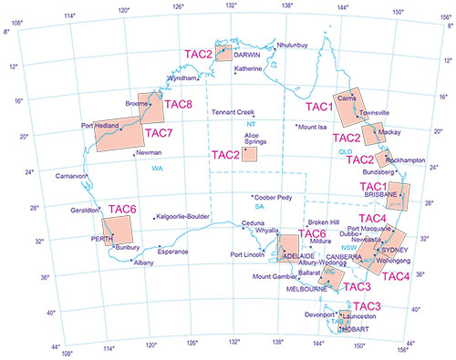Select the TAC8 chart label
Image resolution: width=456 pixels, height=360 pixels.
[x=178, y=104]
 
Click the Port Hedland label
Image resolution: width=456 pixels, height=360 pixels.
[x=100, y=125]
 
